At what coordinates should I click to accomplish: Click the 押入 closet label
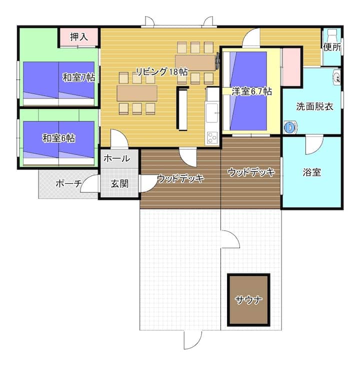coord(79,37)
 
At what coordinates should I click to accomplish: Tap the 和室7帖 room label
coord(78,77)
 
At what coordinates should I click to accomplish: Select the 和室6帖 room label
coord(58,138)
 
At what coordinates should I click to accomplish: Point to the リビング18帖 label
coord(162,71)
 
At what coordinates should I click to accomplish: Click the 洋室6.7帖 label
coord(251,91)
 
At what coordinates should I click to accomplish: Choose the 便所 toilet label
coord(332,47)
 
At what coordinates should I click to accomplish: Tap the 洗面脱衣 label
coord(314,106)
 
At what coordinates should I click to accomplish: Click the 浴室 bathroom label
coord(311,172)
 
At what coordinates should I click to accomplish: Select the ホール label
coord(116,158)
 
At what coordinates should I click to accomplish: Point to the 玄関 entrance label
coord(119,184)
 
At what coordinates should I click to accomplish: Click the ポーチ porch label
coord(68,183)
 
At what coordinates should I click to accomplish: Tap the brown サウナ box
coord(248,300)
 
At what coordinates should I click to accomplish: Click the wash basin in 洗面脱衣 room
coord(336,77)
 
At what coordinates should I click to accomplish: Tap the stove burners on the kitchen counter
coord(212,137)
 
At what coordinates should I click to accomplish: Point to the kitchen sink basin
coord(212,113)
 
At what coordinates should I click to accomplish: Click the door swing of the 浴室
coord(314,145)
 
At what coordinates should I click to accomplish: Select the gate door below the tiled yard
coord(192,340)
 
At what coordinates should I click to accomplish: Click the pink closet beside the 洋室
coord(291,67)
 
